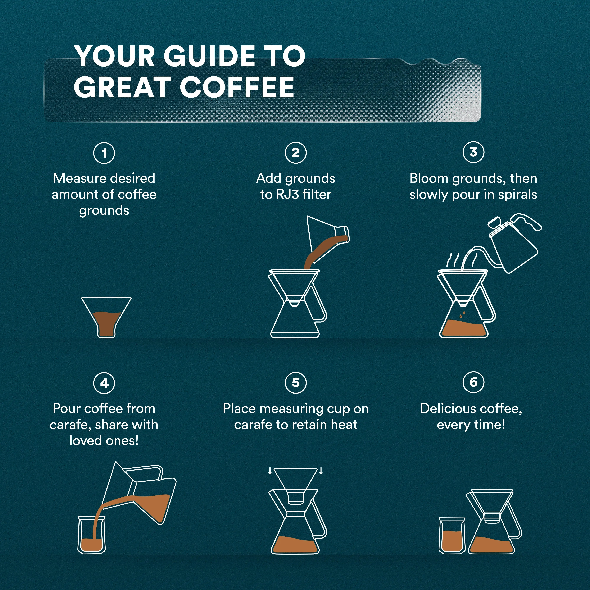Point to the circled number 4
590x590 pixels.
(x=104, y=383)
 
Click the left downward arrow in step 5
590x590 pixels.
(x=270, y=471)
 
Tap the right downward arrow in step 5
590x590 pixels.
(x=321, y=471)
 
